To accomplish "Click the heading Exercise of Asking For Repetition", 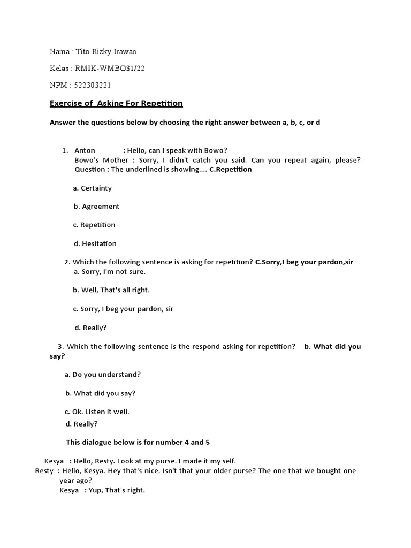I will pos(116,103).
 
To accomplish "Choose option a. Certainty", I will pos(93,188).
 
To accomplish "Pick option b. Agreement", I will pos(96,207).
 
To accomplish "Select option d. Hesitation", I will pos(95,243).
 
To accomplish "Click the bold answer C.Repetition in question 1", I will pos(231,170).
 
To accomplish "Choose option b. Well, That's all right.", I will pos(111,290).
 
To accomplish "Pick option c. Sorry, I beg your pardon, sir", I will pos(124,309).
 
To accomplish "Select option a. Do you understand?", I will pos(103,375).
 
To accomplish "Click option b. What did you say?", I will pos(101,393).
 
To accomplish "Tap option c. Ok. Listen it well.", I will pos(97,412).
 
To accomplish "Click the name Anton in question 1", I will pos(85,150).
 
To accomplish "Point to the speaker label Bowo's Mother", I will pos(101,160).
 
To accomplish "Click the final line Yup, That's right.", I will pos(117,490).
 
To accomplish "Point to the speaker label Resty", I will pos(44,471).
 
